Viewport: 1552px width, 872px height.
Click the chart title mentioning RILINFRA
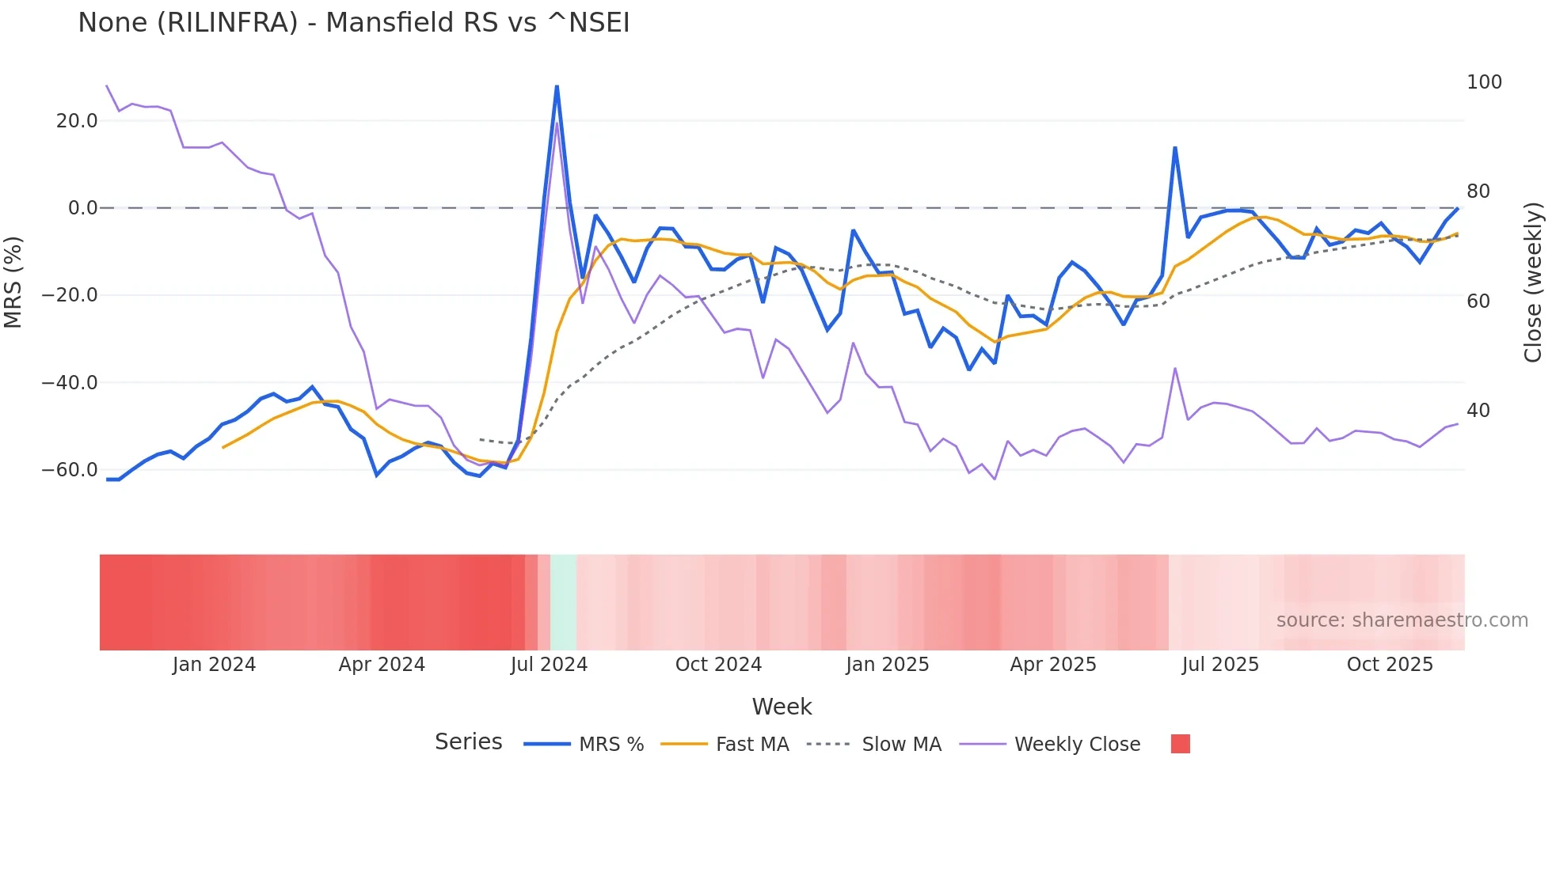[x=353, y=23]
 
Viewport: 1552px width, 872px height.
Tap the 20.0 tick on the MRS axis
[x=77, y=121]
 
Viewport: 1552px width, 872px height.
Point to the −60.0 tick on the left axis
[x=70, y=470]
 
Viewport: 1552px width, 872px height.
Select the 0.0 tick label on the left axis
[x=82, y=208]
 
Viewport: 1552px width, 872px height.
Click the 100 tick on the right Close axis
[x=1484, y=82]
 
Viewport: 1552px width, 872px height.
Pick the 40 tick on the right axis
[x=1478, y=411]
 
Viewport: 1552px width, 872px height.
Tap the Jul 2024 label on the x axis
[x=549, y=665]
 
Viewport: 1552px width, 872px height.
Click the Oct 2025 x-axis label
[x=1390, y=665]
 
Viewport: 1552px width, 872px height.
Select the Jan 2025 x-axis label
[x=887, y=665]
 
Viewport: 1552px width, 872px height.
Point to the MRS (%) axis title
[x=13, y=282]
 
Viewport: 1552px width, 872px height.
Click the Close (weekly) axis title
[x=1533, y=282]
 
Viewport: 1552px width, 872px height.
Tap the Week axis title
[x=782, y=707]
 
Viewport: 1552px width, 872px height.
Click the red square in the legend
[x=1180, y=744]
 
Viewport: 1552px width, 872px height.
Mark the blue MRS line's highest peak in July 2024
[x=557, y=86]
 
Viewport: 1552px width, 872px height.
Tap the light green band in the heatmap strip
[x=563, y=602]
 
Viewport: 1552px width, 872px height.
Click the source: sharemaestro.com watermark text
[x=1402, y=620]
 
